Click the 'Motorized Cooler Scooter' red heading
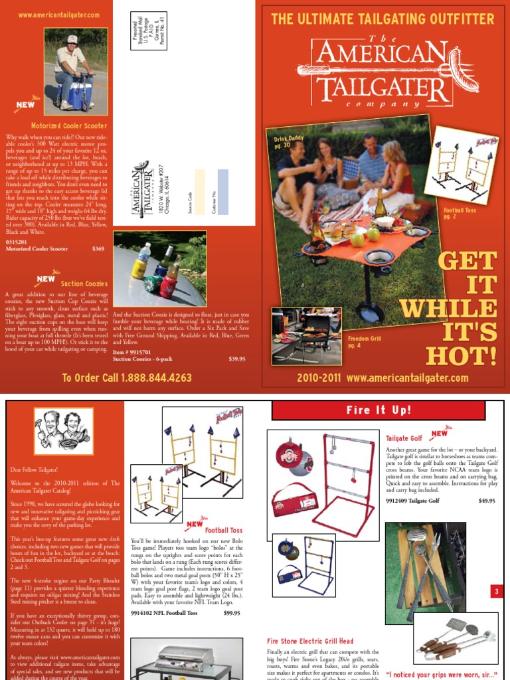[x=68, y=125]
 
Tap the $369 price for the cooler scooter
[x=98, y=249]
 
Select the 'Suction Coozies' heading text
[x=84, y=284]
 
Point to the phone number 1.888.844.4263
[x=127, y=378]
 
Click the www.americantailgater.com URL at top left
[x=59, y=15]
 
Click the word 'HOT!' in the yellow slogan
[x=461, y=355]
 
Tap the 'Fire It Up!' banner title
[x=384, y=410]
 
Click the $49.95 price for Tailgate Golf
[x=487, y=501]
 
